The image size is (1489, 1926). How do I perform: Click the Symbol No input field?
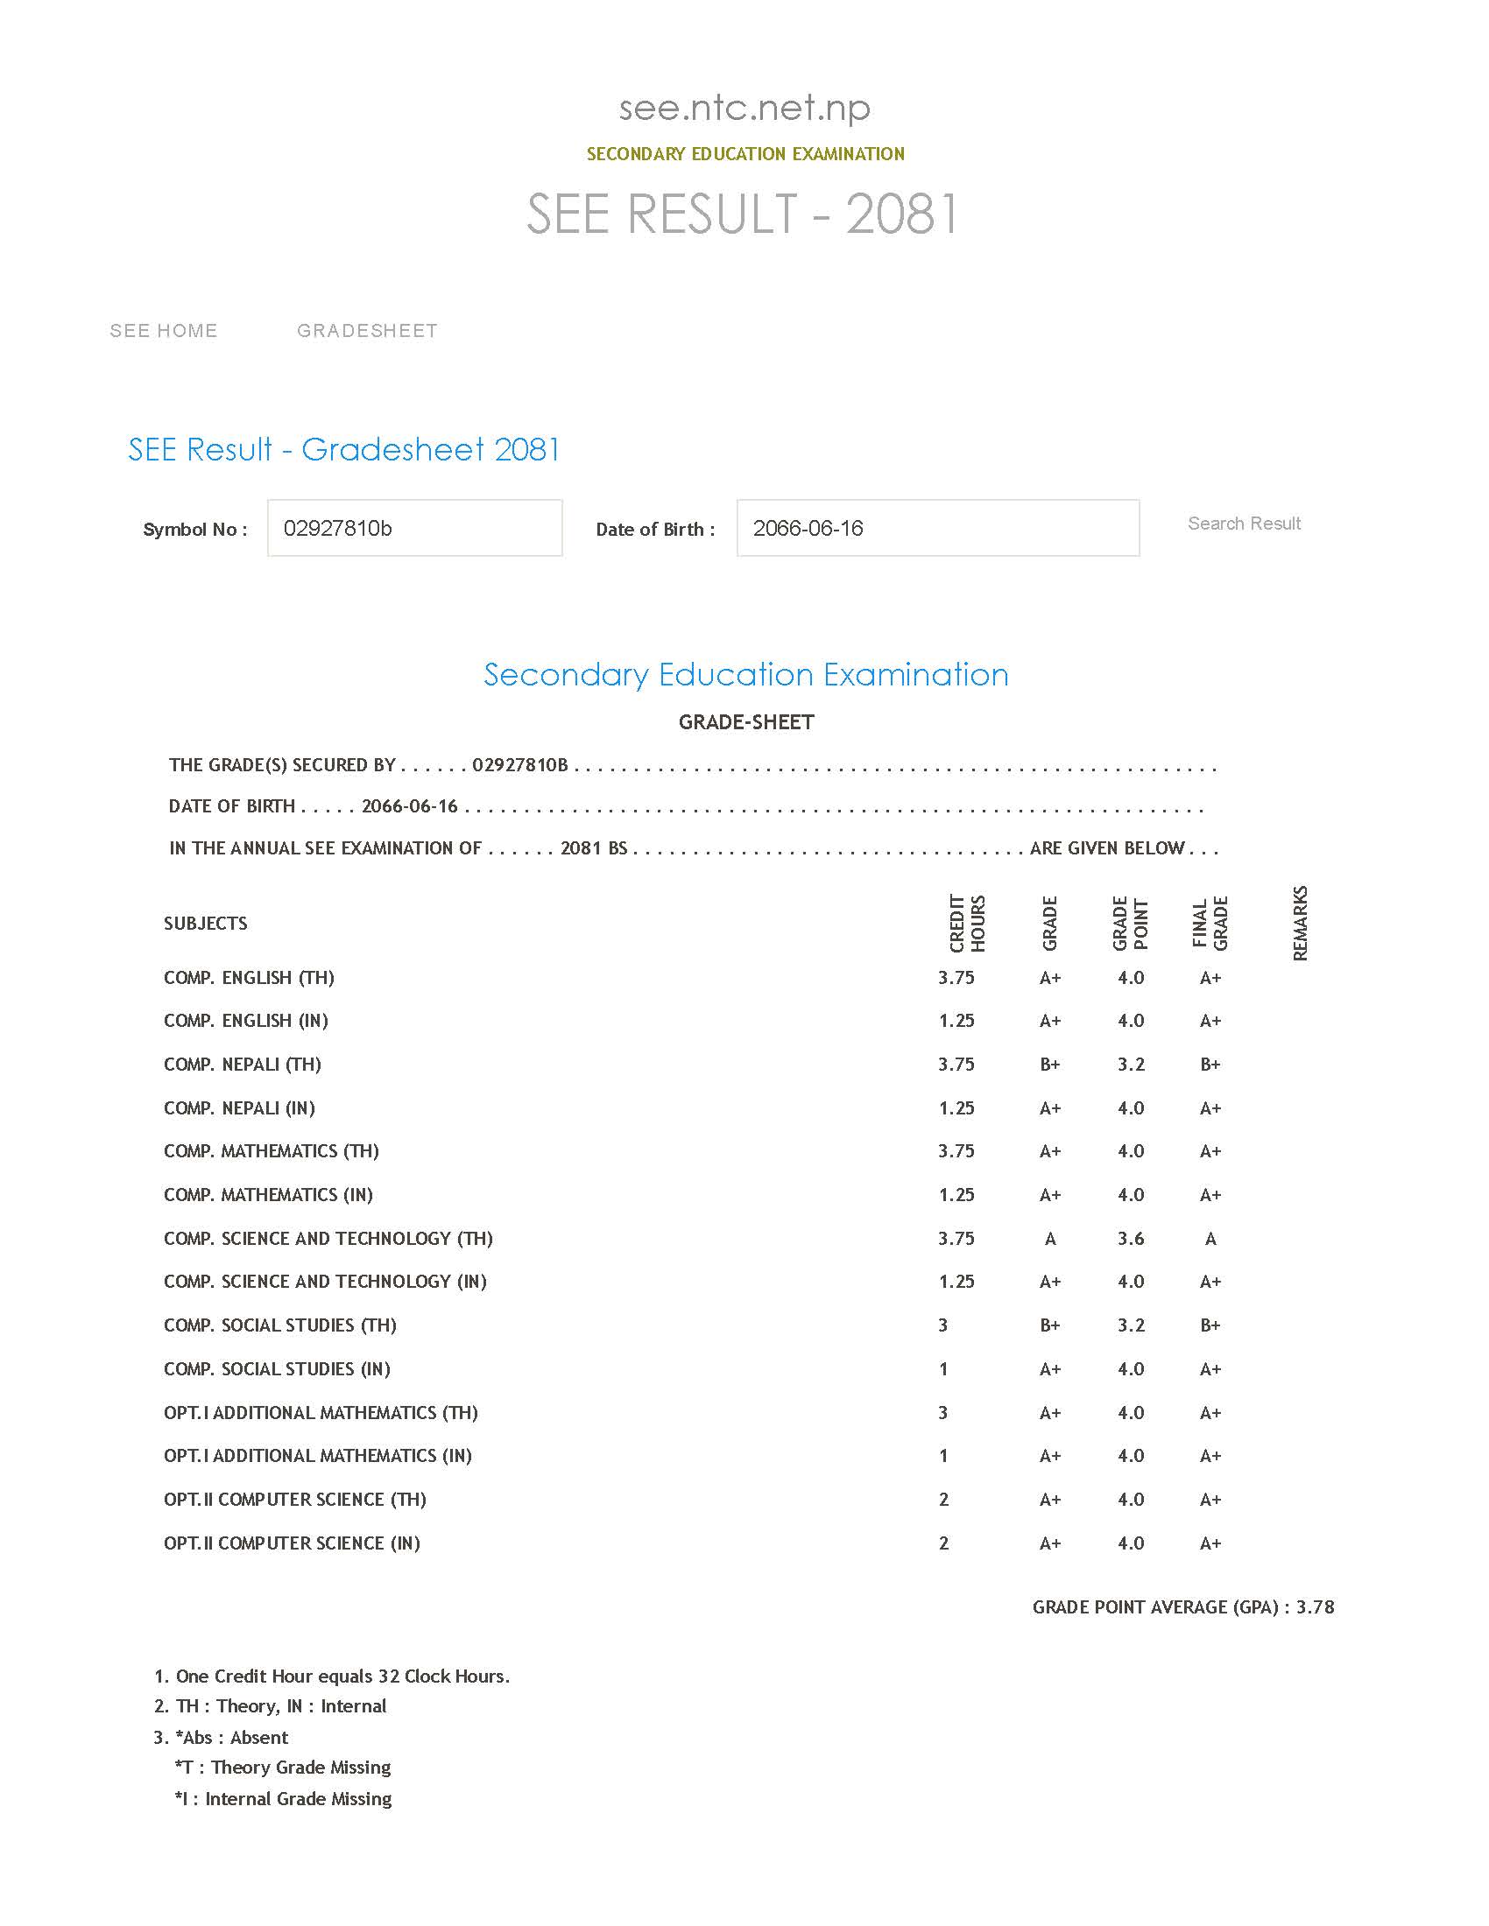pos(413,528)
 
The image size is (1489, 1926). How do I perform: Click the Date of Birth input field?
pos(937,528)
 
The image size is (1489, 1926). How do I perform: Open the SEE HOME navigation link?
pos(163,331)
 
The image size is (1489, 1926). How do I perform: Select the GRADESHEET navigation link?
pos(367,331)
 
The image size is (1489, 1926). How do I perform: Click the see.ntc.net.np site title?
pos(744,109)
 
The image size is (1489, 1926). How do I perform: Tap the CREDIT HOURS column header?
pos(967,924)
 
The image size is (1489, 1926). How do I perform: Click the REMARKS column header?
pos(1299,924)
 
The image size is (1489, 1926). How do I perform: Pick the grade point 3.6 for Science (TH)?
pos(1131,1238)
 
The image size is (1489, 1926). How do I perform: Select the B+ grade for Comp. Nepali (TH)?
pos(1049,1065)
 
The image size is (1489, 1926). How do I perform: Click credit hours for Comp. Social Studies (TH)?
pos(943,1325)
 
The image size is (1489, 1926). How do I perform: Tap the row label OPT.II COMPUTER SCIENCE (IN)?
pos(292,1543)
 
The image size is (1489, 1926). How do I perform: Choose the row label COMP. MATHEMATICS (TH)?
pos(271,1151)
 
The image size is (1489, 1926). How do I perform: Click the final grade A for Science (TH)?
pos(1210,1238)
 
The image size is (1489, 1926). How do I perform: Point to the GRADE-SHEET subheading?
pos(745,722)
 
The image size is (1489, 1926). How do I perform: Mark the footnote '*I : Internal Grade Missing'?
pos(283,1798)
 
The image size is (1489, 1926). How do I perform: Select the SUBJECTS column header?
pos(206,924)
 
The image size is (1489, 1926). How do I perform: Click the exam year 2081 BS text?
pos(594,848)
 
